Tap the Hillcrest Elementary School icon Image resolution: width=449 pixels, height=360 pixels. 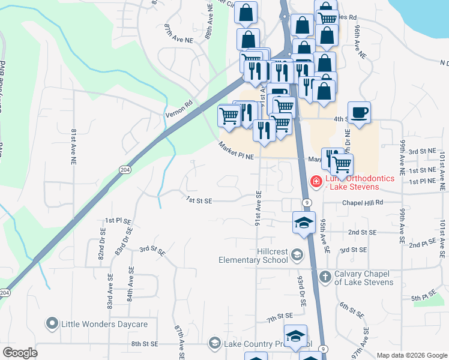(x=297, y=256)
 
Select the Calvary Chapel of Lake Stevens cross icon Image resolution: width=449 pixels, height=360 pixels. (x=325, y=277)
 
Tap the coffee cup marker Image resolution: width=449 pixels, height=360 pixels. (x=359, y=113)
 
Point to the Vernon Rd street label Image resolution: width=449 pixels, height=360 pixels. (x=179, y=108)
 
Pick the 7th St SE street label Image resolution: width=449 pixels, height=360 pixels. (x=280, y=316)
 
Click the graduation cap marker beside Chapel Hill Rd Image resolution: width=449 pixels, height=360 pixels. (x=304, y=222)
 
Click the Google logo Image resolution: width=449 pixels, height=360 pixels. (x=20, y=353)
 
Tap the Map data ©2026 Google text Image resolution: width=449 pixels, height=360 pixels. (x=411, y=355)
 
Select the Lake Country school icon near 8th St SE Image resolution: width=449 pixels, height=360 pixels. (x=214, y=343)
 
